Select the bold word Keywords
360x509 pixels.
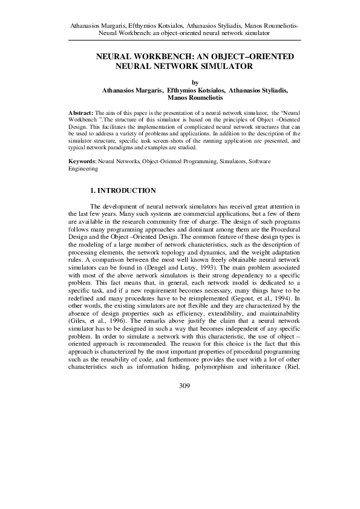[x=82, y=163]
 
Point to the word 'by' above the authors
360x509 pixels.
[x=194, y=83]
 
